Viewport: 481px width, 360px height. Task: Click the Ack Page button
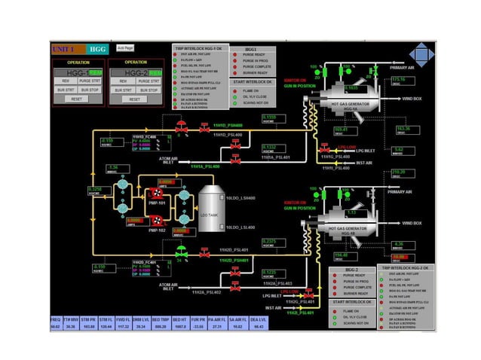pos(125,47)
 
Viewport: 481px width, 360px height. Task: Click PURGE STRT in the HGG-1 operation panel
pos(89,81)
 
